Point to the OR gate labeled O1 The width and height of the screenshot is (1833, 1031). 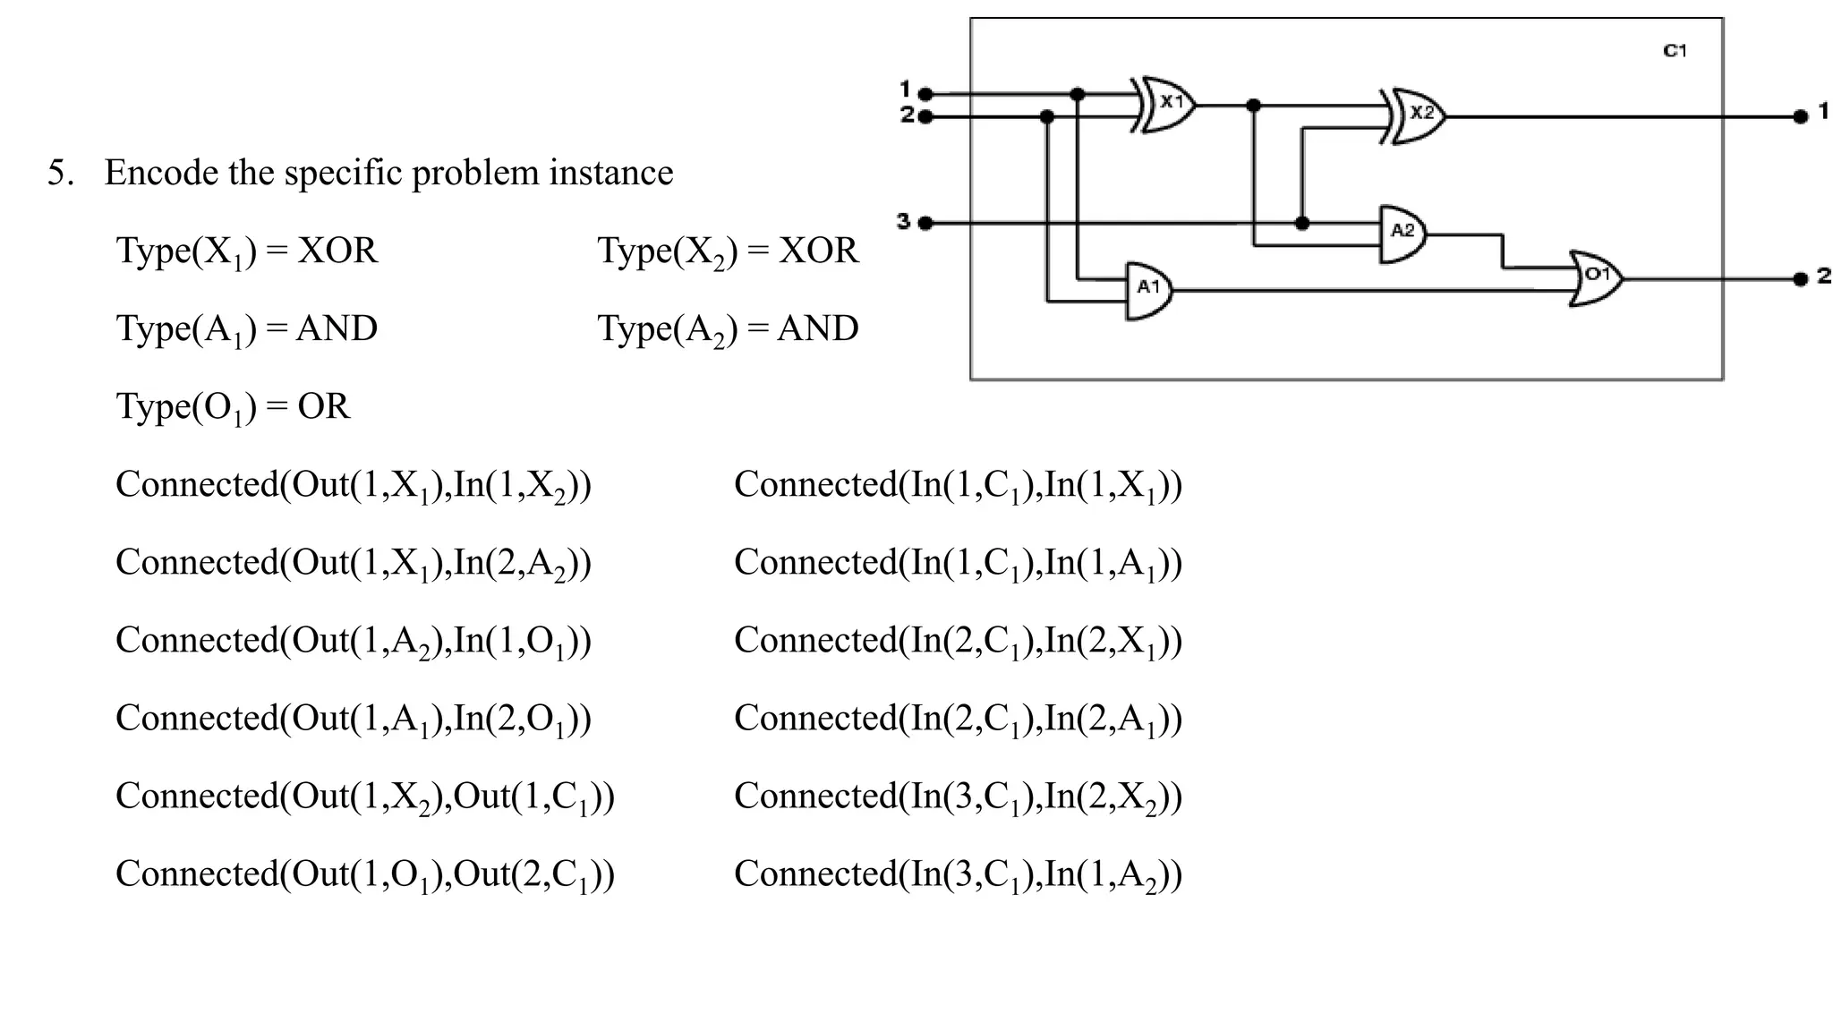click(1596, 278)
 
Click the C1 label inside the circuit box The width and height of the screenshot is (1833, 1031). click(1674, 51)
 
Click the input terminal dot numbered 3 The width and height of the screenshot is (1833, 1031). click(925, 223)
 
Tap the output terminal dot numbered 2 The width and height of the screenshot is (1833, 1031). click(1800, 279)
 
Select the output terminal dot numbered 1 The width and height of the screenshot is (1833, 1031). click(1800, 116)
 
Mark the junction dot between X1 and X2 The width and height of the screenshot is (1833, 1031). click(1253, 106)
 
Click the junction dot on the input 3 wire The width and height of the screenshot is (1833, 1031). click(1302, 223)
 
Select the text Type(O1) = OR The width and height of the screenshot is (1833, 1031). click(233, 406)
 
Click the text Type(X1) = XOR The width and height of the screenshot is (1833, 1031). click(247, 251)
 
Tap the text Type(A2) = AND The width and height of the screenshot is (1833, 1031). click(728, 328)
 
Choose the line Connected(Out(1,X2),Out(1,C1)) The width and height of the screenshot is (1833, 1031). click(364, 797)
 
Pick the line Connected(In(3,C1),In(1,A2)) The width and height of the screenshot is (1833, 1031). click(958, 874)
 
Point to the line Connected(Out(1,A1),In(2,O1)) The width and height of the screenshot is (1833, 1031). click(353, 719)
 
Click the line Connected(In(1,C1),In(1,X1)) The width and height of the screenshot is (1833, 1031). click(958, 485)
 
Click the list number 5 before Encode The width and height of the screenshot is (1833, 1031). click(59, 172)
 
